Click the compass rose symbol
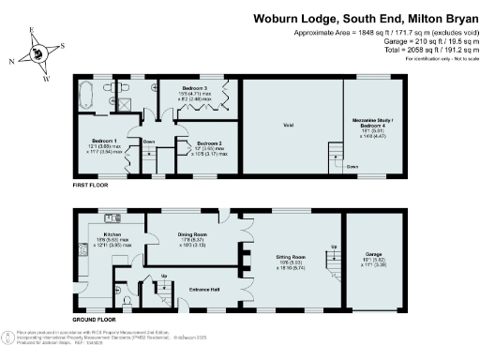(x=38, y=52)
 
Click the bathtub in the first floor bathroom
(x=86, y=96)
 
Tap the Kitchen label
(x=112, y=235)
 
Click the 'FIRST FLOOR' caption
(x=92, y=187)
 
